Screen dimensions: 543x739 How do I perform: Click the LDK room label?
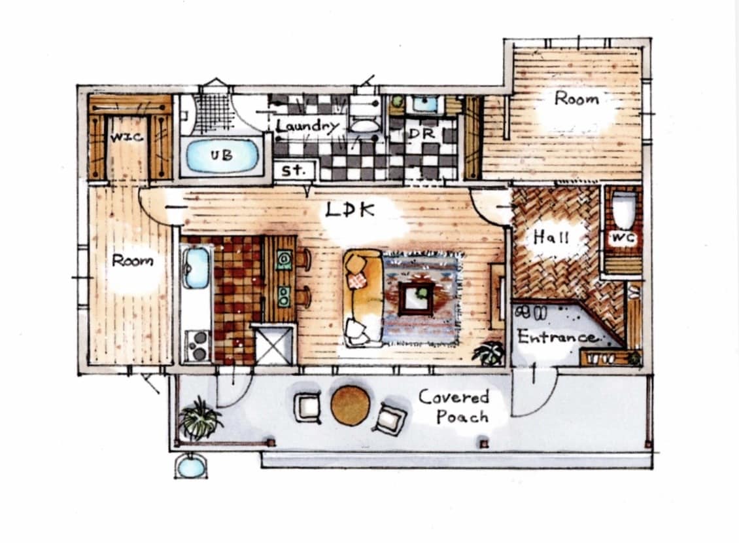tap(349, 211)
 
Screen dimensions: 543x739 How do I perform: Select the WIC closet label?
tap(126, 138)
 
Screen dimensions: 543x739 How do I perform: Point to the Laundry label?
tap(307, 125)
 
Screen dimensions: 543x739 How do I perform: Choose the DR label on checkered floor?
tap(418, 133)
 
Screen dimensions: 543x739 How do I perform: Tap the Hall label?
tap(551, 236)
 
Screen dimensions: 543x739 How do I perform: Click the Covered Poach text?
tap(454, 406)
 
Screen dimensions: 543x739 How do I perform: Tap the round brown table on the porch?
tap(350, 405)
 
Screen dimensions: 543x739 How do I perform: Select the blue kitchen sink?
tap(196, 267)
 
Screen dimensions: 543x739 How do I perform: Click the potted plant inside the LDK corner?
tap(489, 354)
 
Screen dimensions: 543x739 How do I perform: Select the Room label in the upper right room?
tap(576, 99)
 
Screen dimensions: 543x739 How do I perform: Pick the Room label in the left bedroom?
tap(133, 261)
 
